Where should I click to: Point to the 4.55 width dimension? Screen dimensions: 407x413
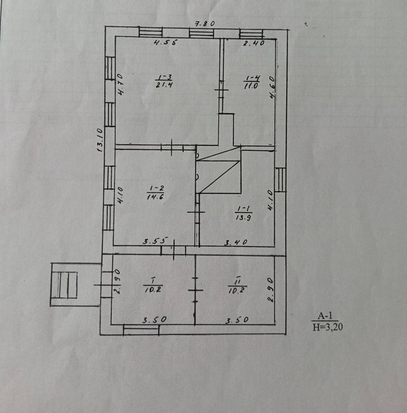point(166,42)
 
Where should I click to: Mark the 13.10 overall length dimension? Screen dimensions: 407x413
point(100,141)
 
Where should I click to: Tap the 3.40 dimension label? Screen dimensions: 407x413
point(236,242)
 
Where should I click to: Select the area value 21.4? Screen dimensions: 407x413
point(164,85)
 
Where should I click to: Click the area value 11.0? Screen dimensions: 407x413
point(252,86)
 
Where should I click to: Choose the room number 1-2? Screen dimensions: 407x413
point(154,190)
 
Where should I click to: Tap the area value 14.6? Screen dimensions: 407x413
point(155,198)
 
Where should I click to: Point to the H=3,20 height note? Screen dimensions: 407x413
point(330,326)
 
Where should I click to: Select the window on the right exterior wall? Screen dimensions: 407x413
point(281,179)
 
